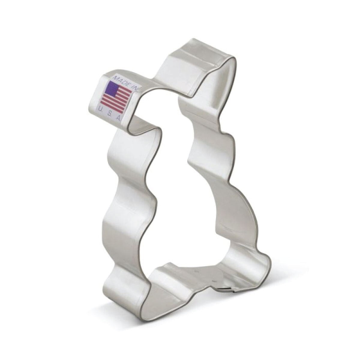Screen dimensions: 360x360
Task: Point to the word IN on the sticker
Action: pos(136,88)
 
